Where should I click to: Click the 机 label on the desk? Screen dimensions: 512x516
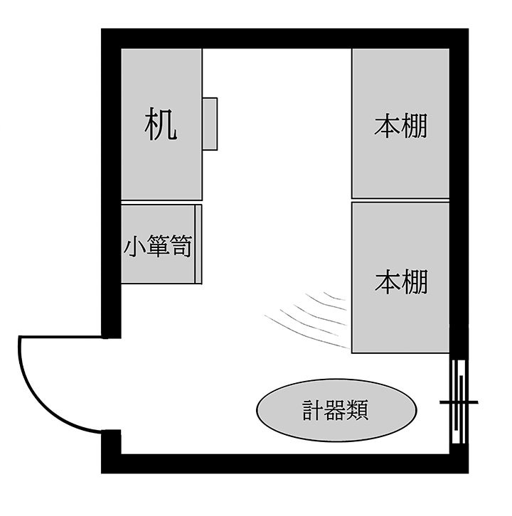click(x=161, y=124)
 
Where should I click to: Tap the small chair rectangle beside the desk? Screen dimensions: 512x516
click(x=210, y=124)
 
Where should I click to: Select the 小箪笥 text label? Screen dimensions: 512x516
click(x=158, y=245)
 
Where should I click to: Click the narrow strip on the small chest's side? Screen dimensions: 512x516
click(x=198, y=244)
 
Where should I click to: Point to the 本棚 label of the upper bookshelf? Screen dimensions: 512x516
click(x=400, y=125)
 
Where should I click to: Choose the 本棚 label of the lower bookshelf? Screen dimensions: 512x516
click(x=401, y=281)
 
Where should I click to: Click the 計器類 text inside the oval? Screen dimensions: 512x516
click(x=336, y=410)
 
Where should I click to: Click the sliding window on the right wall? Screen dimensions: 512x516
click(x=458, y=402)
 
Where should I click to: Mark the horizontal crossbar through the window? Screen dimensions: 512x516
click(x=459, y=402)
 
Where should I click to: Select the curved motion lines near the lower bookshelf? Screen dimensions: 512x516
click(x=306, y=319)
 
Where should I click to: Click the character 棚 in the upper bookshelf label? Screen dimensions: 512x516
click(x=415, y=125)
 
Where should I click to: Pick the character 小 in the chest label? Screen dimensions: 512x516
click(x=134, y=245)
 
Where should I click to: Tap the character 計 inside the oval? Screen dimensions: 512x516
click(x=313, y=410)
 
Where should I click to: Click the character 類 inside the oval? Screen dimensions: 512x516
click(x=358, y=410)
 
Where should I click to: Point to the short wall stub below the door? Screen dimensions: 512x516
click(x=111, y=442)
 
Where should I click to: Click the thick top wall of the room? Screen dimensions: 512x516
click(x=285, y=39)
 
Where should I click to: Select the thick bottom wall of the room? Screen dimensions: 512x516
click(x=285, y=463)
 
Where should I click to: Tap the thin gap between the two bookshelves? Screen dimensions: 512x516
click(x=400, y=200)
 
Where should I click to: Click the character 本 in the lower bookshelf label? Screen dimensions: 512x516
click(x=388, y=281)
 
